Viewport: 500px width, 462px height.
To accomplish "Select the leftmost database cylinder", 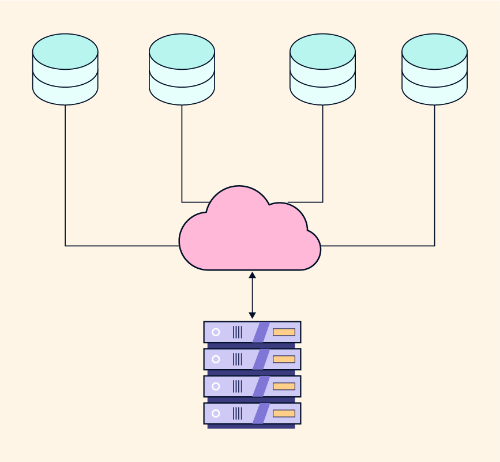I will click(x=65, y=69).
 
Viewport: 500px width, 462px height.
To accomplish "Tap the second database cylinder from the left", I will click(x=182, y=69).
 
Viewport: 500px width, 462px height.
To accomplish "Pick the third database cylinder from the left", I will click(x=322, y=69).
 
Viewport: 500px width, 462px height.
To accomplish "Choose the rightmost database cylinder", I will click(x=434, y=69).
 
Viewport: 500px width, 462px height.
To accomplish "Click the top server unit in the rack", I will click(x=252, y=332).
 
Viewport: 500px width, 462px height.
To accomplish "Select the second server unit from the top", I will click(x=252, y=359).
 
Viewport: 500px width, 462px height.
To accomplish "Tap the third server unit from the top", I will click(x=252, y=386).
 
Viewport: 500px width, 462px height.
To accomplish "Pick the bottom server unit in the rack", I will click(x=252, y=413).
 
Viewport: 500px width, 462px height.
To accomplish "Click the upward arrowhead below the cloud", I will click(x=252, y=275).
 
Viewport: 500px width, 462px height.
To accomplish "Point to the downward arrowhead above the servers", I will click(x=252, y=315).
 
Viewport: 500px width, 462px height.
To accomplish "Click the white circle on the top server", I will click(x=216, y=332).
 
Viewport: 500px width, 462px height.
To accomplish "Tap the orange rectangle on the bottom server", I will click(x=284, y=413).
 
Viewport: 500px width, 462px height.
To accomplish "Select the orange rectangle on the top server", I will click(x=284, y=332).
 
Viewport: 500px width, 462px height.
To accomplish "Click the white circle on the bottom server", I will click(x=216, y=413).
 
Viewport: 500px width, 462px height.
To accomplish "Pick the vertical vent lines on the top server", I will click(x=237, y=332).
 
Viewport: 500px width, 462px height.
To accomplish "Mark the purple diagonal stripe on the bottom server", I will click(x=261, y=413).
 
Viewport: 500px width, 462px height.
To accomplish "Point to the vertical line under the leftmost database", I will click(x=65, y=173).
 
